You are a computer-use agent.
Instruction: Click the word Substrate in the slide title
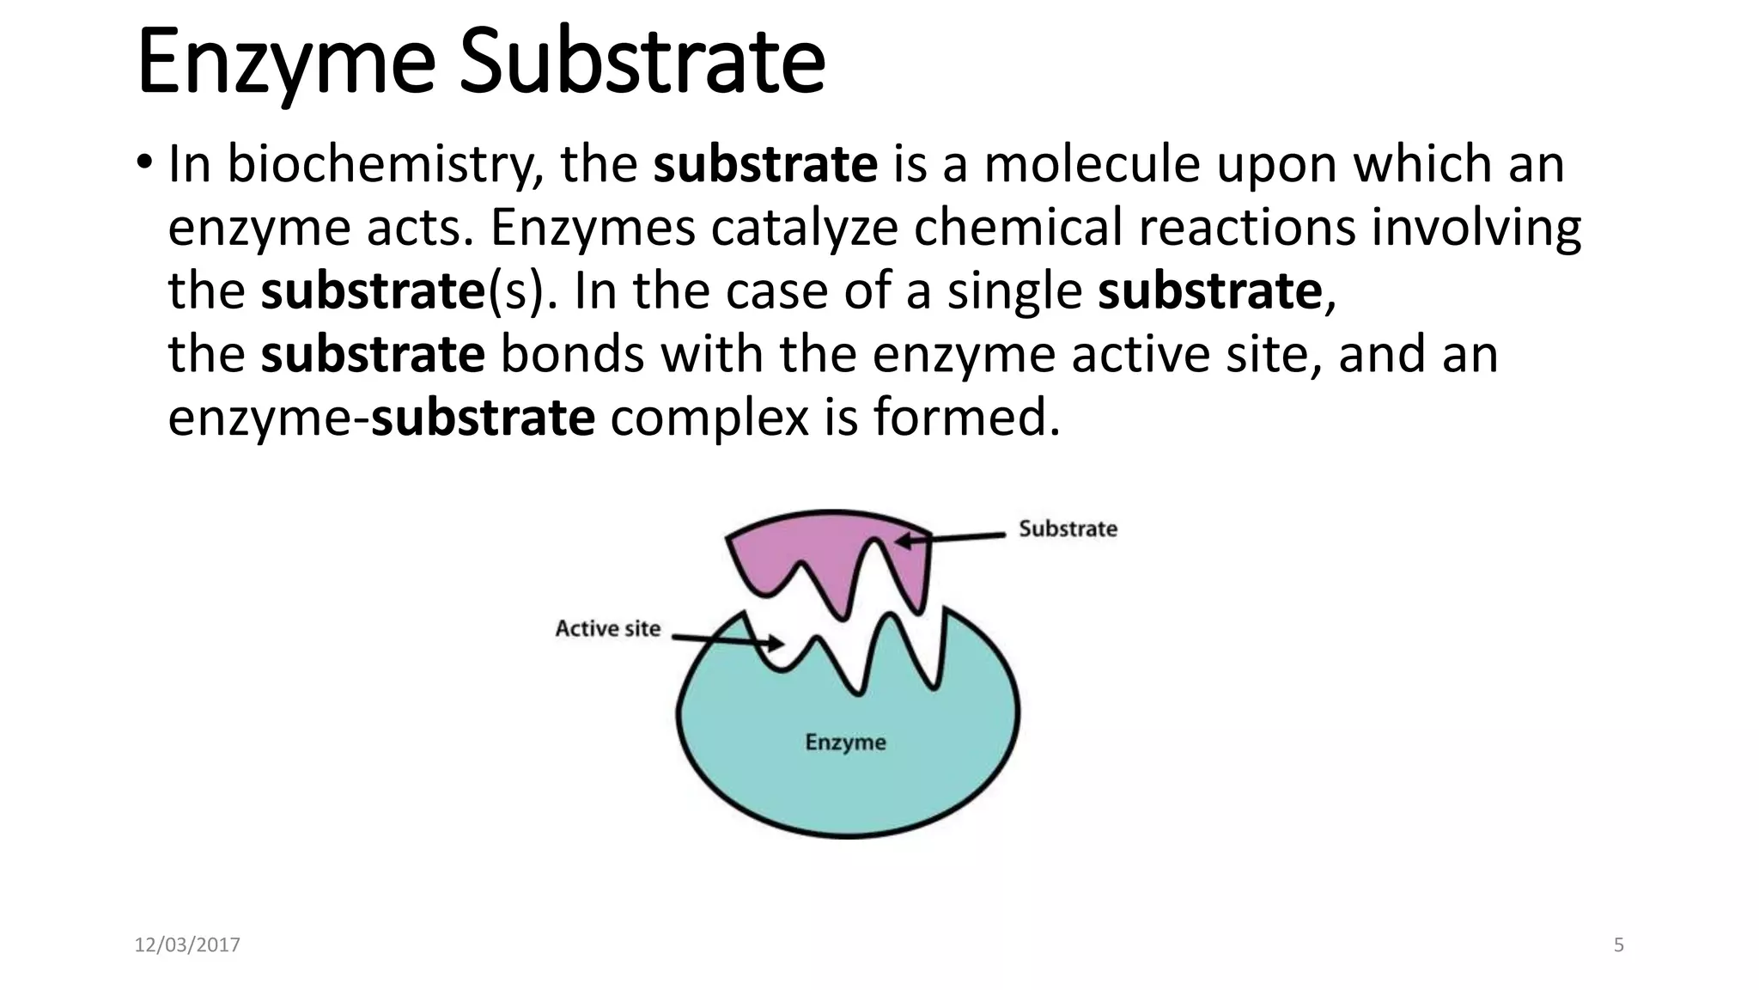[642, 62]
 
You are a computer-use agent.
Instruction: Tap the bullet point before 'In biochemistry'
[144, 162]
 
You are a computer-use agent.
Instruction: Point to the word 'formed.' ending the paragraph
[967, 418]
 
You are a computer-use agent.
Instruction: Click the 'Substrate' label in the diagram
[1068, 529]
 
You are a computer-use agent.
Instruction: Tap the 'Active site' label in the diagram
[607, 629]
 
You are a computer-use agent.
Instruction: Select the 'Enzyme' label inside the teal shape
[845, 742]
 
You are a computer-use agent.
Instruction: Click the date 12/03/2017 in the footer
[187, 945]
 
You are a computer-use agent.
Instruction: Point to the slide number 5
[1618, 945]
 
